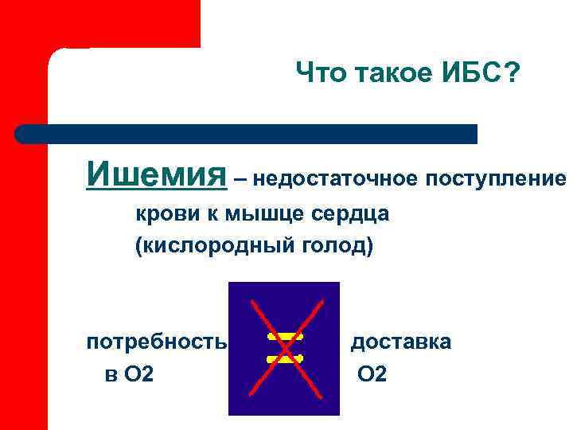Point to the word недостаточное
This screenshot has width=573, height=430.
pos(336,178)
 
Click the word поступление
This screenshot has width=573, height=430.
pos(495,178)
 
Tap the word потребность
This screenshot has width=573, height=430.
pos(157,342)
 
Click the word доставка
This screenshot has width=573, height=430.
pos(401,342)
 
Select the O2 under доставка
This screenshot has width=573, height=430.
pos(372,372)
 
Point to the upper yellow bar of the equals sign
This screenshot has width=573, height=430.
pos(285,338)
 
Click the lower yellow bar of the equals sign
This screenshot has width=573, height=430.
pos(285,359)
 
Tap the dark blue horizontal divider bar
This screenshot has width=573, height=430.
pos(247,134)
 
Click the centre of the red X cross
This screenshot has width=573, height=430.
pos(284,348)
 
